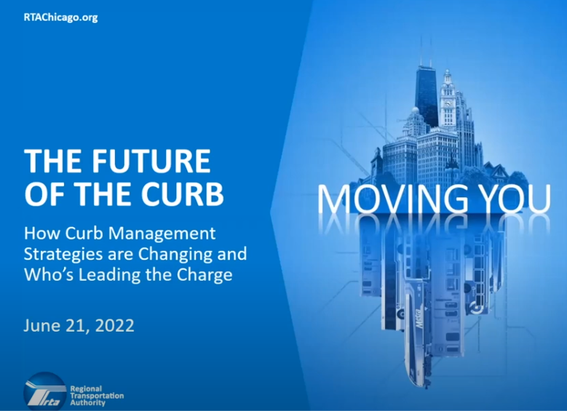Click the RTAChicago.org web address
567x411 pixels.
(60, 17)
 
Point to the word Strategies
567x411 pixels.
(63, 255)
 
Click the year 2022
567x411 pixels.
(114, 325)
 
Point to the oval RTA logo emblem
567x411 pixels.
(43, 391)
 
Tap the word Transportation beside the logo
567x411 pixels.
(97, 396)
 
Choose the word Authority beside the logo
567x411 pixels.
(88, 403)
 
